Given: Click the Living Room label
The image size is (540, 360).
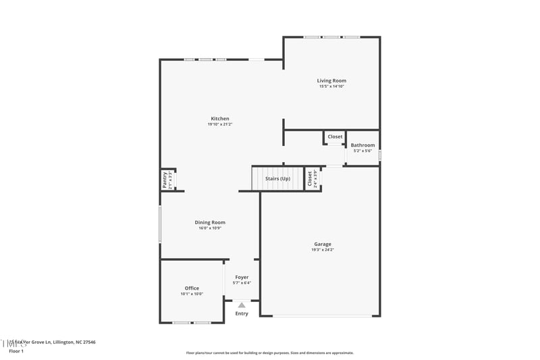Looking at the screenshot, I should pos(331,80).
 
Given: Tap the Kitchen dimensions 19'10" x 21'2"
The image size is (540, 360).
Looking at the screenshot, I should pos(219,124).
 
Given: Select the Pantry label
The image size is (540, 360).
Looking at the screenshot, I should pos(164,180).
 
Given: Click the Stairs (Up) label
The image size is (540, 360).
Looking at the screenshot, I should pos(277,178).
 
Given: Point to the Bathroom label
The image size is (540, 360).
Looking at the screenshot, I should pos(362,145).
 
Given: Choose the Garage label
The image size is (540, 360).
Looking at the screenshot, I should pos(322,244).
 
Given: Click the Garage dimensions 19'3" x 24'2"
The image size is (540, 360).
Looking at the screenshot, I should pos(322,250).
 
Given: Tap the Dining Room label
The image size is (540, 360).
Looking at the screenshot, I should pos(210,222).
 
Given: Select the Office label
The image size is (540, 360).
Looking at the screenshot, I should pos(192,288).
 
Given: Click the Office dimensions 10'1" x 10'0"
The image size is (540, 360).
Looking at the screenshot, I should pos(192,294).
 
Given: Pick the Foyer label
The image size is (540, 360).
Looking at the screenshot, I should pos(242,277).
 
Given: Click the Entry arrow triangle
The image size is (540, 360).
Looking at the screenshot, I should pos(242,305).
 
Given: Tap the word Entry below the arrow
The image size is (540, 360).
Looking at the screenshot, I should pos(242,313).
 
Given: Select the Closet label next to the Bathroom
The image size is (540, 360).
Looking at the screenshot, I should pos(335,136).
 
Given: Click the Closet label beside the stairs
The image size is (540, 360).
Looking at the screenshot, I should pos(310,179).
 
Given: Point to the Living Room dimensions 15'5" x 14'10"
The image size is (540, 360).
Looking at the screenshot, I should pos(331,86).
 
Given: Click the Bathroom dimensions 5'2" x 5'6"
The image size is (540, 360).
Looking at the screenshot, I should pos(362,151).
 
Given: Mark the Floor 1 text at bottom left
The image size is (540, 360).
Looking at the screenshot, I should pos(16,351).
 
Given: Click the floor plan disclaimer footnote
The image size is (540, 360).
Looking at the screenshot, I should pos(270,353).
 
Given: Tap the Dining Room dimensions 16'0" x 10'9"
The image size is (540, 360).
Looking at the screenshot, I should pos(210,228).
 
